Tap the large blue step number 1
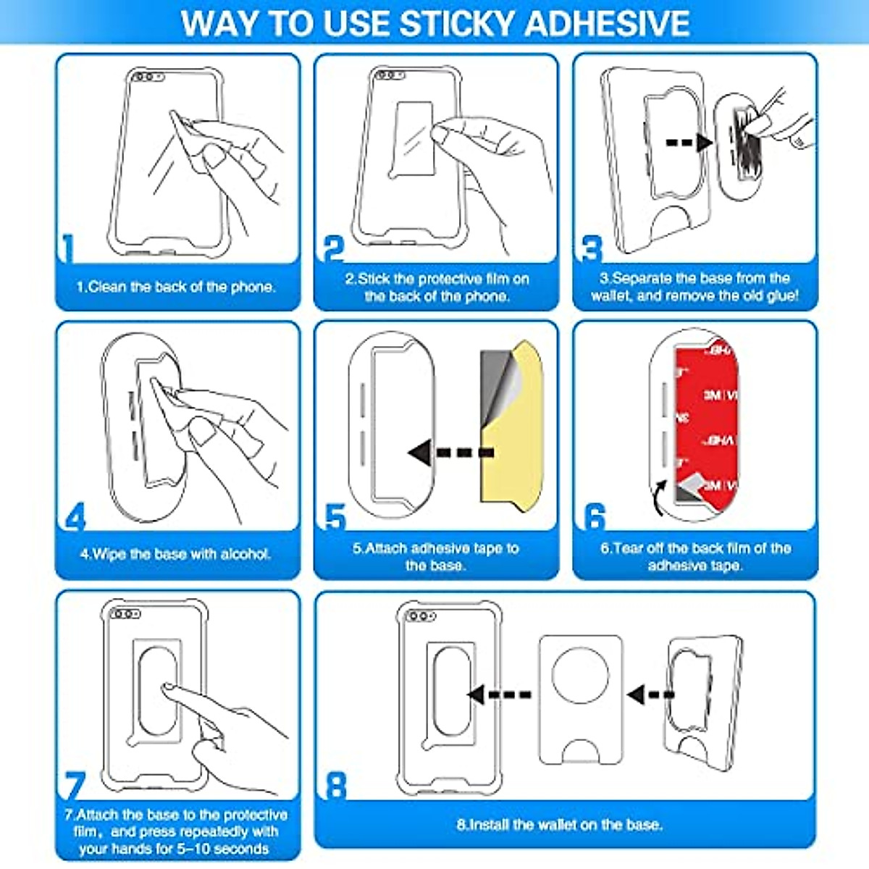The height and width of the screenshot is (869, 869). click(68, 248)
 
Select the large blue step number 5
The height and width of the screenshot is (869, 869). click(335, 518)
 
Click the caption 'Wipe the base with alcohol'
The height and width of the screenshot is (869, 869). click(176, 554)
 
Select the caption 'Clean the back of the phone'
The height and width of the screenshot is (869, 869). click(176, 287)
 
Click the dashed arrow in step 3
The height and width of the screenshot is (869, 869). click(688, 143)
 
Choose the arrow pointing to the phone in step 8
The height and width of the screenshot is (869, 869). click(500, 694)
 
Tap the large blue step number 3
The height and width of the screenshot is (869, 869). click(592, 248)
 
